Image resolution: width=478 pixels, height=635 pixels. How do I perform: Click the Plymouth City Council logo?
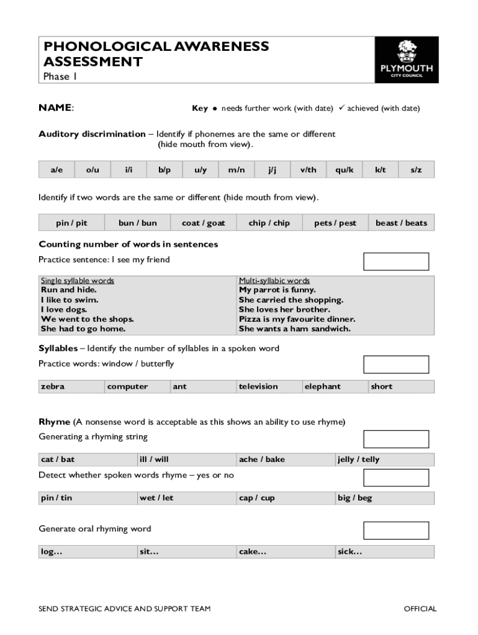pyautogui.click(x=407, y=60)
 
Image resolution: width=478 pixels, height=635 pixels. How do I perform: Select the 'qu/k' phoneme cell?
pyautogui.click(x=345, y=169)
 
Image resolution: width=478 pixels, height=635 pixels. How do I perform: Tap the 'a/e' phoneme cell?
pyautogui.click(x=56, y=169)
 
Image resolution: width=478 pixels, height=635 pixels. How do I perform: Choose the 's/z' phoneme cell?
pyautogui.click(x=416, y=169)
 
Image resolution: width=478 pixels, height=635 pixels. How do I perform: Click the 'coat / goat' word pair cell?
pyautogui.click(x=203, y=223)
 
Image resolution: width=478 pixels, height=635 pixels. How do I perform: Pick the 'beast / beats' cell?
pyautogui.click(x=401, y=223)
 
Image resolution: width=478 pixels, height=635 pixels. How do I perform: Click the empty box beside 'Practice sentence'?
pyautogui.click(x=395, y=262)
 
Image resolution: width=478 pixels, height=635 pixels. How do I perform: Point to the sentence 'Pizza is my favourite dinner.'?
pyautogui.click(x=297, y=319)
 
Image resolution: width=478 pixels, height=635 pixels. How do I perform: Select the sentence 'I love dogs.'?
pyautogui.click(x=64, y=309)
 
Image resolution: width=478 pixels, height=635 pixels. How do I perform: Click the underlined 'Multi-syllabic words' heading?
pyautogui.click(x=274, y=281)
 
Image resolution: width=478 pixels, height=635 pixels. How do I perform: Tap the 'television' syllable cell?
pyautogui.click(x=258, y=386)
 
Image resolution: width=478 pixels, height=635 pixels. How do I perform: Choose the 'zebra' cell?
pyautogui.click(x=53, y=386)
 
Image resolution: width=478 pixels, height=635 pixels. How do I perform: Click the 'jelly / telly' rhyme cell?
pyautogui.click(x=358, y=460)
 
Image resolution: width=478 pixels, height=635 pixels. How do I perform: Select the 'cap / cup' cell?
pyautogui.click(x=256, y=498)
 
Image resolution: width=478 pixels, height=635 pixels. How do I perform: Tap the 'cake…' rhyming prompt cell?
pyautogui.click(x=253, y=551)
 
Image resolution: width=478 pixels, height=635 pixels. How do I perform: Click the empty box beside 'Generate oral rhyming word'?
pyautogui.click(x=395, y=530)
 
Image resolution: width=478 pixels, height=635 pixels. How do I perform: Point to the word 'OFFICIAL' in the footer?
pyautogui.click(x=420, y=608)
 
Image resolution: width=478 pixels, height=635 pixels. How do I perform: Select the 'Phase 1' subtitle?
pyautogui.click(x=60, y=77)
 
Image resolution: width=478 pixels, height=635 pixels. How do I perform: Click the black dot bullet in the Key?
pyautogui.click(x=215, y=109)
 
